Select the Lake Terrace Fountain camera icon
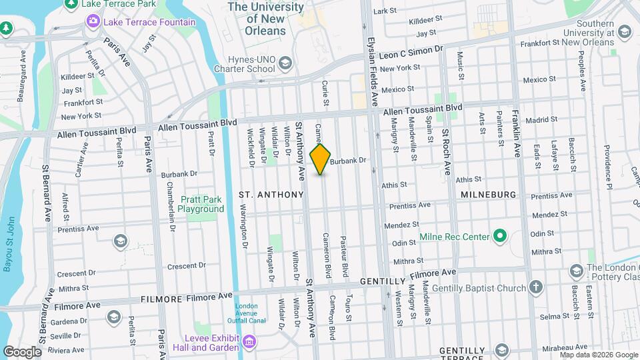pyautogui.click(x=91, y=22)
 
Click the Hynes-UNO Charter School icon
pyautogui.click(x=285, y=63)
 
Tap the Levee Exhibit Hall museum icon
pyautogui.click(x=249, y=341)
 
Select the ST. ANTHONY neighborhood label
pyautogui.click(x=271, y=195)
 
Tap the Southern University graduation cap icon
pyautogui.click(x=624, y=32)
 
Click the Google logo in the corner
pyautogui.click(x=22, y=351)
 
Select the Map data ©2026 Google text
pyautogui.click(x=598, y=355)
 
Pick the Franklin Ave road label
pyautogui.click(x=517, y=133)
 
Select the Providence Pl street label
pyautogui.click(x=608, y=167)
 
